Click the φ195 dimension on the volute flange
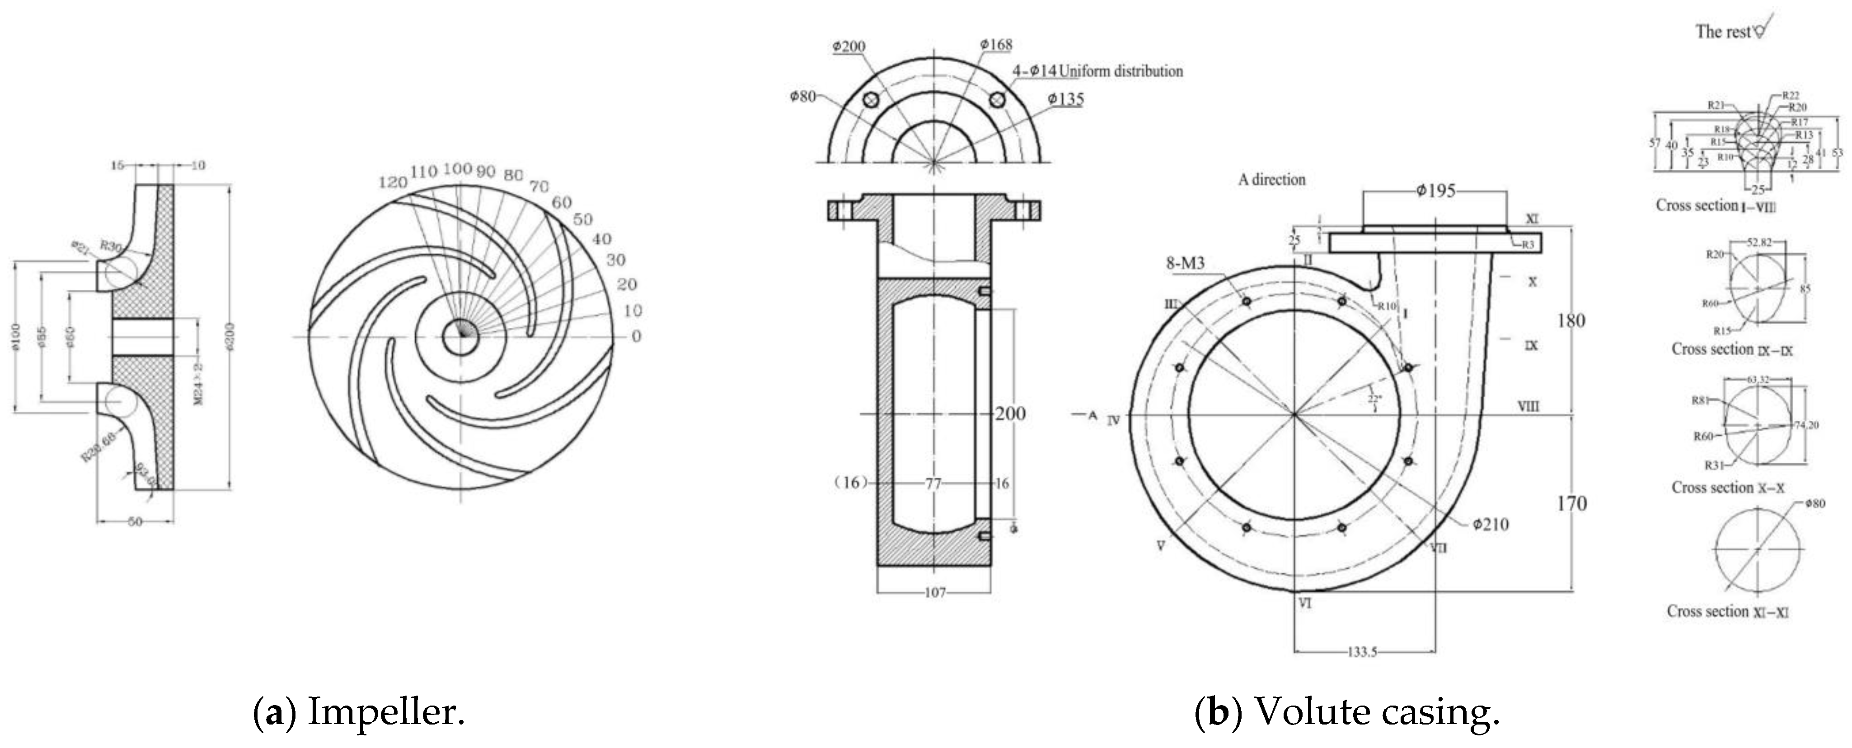pos(1436,191)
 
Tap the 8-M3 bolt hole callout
pos(1185,264)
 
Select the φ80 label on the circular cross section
pos(1814,504)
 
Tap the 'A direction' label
pos(1271,180)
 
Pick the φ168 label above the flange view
pos(996,45)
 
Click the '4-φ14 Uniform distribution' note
pos(1098,71)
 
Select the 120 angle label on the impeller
pos(393,182)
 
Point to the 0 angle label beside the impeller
pos(636,336)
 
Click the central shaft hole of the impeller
pos(455,336)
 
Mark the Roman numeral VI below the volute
pos(1305,604)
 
